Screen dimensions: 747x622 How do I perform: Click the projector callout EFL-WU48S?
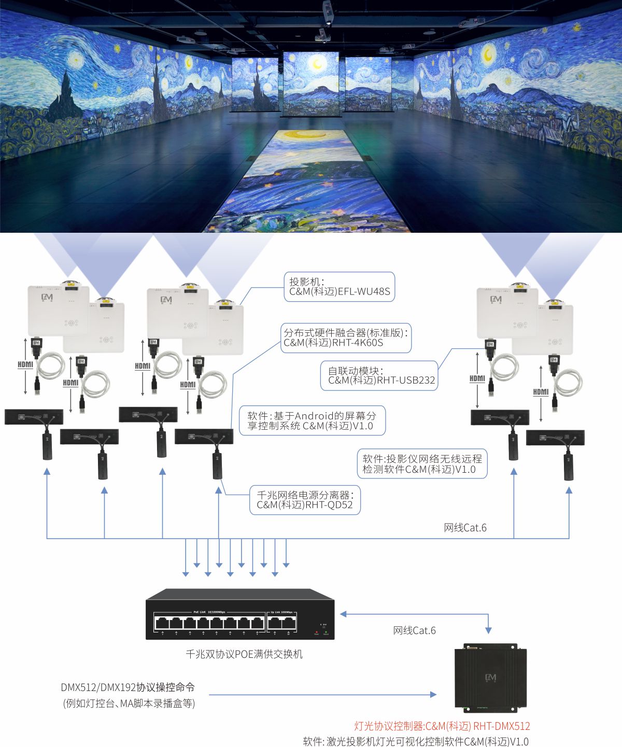[x=340, y=287]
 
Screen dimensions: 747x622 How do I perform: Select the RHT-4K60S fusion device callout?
[x=346, y=338]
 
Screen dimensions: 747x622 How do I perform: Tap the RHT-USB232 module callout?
[x=381, y=376]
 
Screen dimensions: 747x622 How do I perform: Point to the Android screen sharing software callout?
[x=312, y=421]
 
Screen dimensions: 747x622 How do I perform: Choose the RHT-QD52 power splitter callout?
[x=305, y=500]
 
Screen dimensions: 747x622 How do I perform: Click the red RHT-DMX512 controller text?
[x=442, y=726]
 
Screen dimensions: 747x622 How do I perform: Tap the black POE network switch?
[x=240, y=614]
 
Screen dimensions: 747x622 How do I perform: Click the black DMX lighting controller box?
[x=490, y=678]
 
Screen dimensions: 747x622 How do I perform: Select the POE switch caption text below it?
[x=244, y=654]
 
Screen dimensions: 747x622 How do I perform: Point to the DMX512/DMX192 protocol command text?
[x=128, y=687]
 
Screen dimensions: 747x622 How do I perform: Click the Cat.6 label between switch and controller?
[x=414, y=630]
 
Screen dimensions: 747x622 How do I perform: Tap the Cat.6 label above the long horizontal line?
[x=465, y=528]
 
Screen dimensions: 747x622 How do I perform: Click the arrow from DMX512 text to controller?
[x=321, y=695]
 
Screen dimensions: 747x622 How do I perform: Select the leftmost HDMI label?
[x=25, y=364]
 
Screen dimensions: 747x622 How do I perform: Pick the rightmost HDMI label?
[x=541, y=392]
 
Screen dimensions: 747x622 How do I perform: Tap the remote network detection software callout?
[x=422, y=464]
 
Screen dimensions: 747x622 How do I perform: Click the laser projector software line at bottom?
[x=416, y=741]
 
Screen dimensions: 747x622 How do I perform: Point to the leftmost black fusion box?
[x=34, y=417]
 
